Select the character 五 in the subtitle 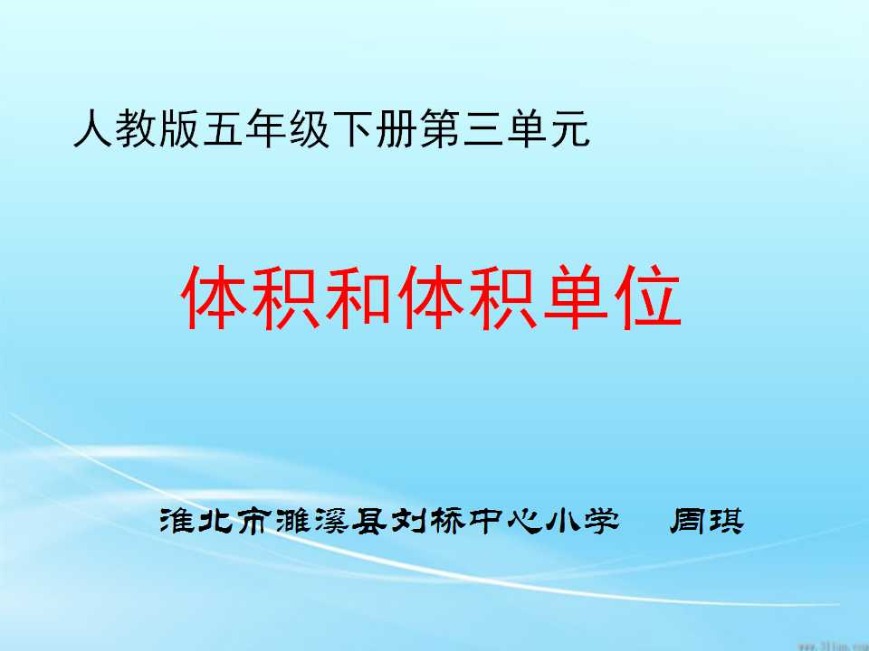(222, 129)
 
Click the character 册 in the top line (396, 129)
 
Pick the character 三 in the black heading (482, 129)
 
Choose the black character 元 (569, 129)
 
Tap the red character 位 (648, 297)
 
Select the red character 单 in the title (576, 297)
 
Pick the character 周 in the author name (687, 522)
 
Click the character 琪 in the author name (725, 522)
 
